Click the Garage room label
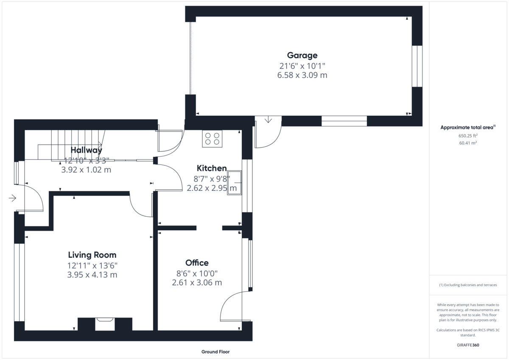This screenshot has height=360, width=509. point(302,55)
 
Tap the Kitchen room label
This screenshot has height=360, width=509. point(211,168)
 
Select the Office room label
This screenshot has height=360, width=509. point(197,263)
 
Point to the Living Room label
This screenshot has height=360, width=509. point(92,255)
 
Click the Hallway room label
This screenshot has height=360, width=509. point(86,150)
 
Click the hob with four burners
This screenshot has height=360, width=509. point(213,139)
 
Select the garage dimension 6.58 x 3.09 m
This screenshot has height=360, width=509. point(302,75)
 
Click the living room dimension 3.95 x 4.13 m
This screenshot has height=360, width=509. point(92,275)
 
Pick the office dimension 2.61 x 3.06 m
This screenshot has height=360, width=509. point(197,282)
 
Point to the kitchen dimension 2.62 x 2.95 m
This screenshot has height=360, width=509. point(212,188)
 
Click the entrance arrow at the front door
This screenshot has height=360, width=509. point(12,198)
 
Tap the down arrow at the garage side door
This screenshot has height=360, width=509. point(268,120)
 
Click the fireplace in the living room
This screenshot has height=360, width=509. point(105,324)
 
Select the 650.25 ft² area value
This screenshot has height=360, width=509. point(468,136)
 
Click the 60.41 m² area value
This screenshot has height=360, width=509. point(468,143)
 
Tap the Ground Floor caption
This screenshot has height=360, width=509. point(215,352)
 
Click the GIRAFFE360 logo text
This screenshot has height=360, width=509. point(468,345)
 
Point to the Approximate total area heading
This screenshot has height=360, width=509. point(467,127)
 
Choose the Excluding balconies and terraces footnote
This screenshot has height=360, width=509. point(468,285)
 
